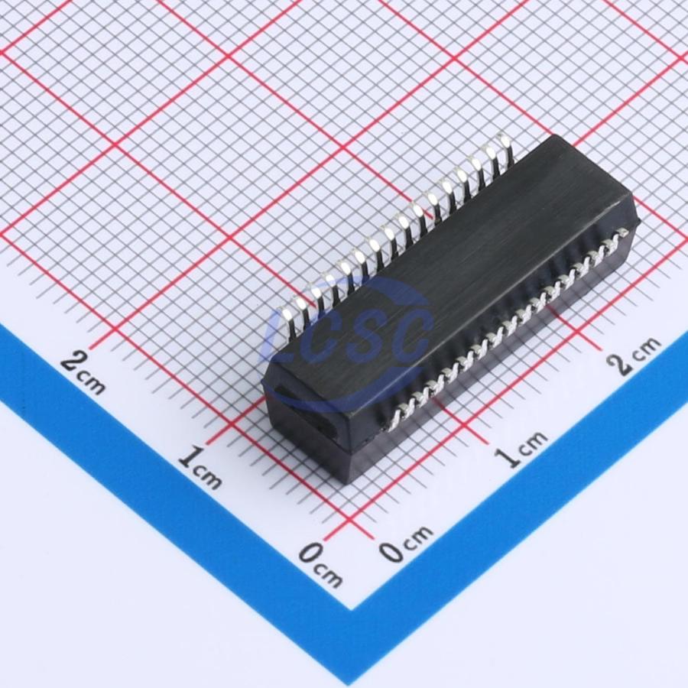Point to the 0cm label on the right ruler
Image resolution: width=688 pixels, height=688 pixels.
click(406, 544)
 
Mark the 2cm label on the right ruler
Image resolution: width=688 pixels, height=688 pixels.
click(634, 355)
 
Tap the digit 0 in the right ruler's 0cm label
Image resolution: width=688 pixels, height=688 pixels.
click(392, 551)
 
